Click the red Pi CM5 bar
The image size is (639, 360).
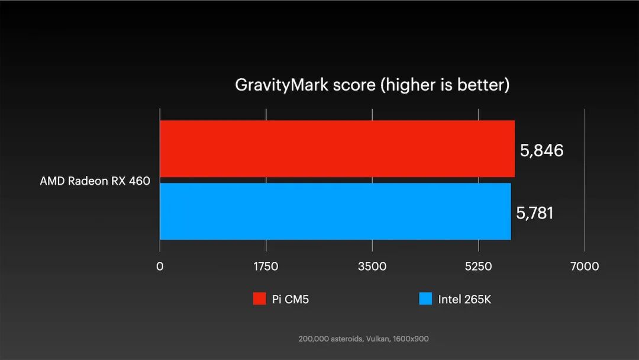(337, 149)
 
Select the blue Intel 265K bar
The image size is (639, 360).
(335, 211)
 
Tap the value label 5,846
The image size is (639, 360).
(542, 150)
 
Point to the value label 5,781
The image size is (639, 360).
(535, 213)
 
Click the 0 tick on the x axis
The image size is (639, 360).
(160, 266)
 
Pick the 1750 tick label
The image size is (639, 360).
(266, 266)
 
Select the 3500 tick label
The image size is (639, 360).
(372, 266)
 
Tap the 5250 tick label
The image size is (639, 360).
(479, 266)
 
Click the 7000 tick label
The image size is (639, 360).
(585, 266)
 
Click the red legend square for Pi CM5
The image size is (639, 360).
(259, 299)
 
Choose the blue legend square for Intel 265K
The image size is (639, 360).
(425, 299)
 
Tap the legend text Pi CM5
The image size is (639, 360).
(291, 300)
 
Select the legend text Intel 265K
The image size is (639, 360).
(464, 300)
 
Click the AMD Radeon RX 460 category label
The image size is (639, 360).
(95, 181)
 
